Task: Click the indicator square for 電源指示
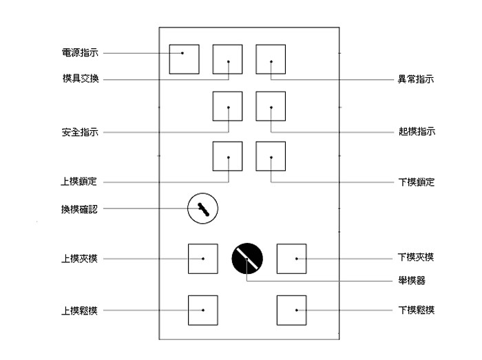(x=184, y=59)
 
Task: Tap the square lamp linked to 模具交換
(x=227, y=59)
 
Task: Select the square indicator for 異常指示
(x=271, y=59)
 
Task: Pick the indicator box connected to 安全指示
(x=227, y=106)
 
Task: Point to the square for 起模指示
(x=271, y=106)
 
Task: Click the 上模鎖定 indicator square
(x=227, y=156)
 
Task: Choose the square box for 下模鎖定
(x=271, y=156)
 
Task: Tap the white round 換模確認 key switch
(x=202, y=208)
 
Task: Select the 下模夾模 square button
(x=291, y=258)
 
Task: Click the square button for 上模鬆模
(x=203, y=310)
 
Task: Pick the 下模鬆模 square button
(x=291, y=310)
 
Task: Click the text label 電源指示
(x=79, y=53)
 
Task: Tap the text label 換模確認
(x=79, y=209)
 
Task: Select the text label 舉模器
(x=412, y=281)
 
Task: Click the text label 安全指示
(x=79, y=131)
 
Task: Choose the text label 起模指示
(x=417, y=131)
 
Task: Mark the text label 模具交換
(x=79, y=78)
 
